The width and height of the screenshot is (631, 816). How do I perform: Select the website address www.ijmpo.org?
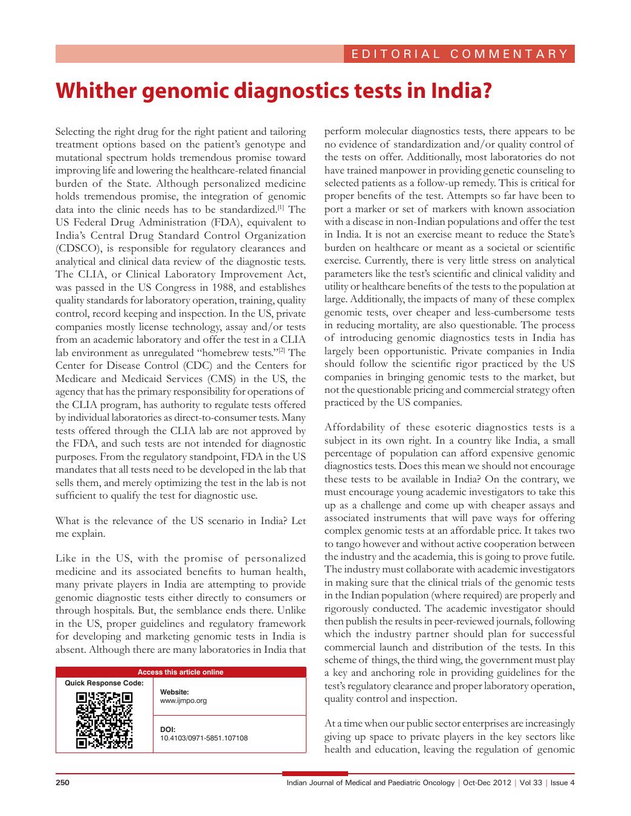pyautogui.click(x=183, y=701)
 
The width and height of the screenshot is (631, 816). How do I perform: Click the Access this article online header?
pyautogui.click(x=180, y=672)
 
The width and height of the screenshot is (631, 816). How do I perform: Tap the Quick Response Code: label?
pyautogui.click(x=104, y=683)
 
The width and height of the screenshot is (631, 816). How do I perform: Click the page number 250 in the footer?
pyautogui.click(x=63, y=783)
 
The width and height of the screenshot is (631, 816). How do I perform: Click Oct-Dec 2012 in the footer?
pyautogui.click(x=487, y=783)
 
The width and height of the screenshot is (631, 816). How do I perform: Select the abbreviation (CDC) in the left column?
pyautogui.click(x=198, y=366)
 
